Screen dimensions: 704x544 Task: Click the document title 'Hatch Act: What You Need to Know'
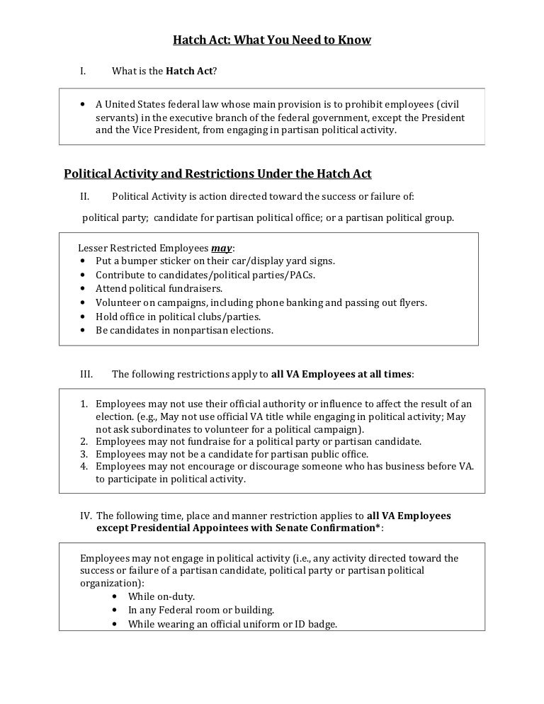272,40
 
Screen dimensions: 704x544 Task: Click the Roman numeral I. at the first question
83,71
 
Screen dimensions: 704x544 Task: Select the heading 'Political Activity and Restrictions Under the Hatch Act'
217,174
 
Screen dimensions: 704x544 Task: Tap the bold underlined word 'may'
222,248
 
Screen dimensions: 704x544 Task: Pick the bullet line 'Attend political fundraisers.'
159,288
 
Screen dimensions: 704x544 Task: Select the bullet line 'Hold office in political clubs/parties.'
178,317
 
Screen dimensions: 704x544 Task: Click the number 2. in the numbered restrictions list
84,441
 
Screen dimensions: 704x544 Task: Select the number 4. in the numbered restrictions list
84,466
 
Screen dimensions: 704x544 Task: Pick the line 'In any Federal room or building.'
200,610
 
